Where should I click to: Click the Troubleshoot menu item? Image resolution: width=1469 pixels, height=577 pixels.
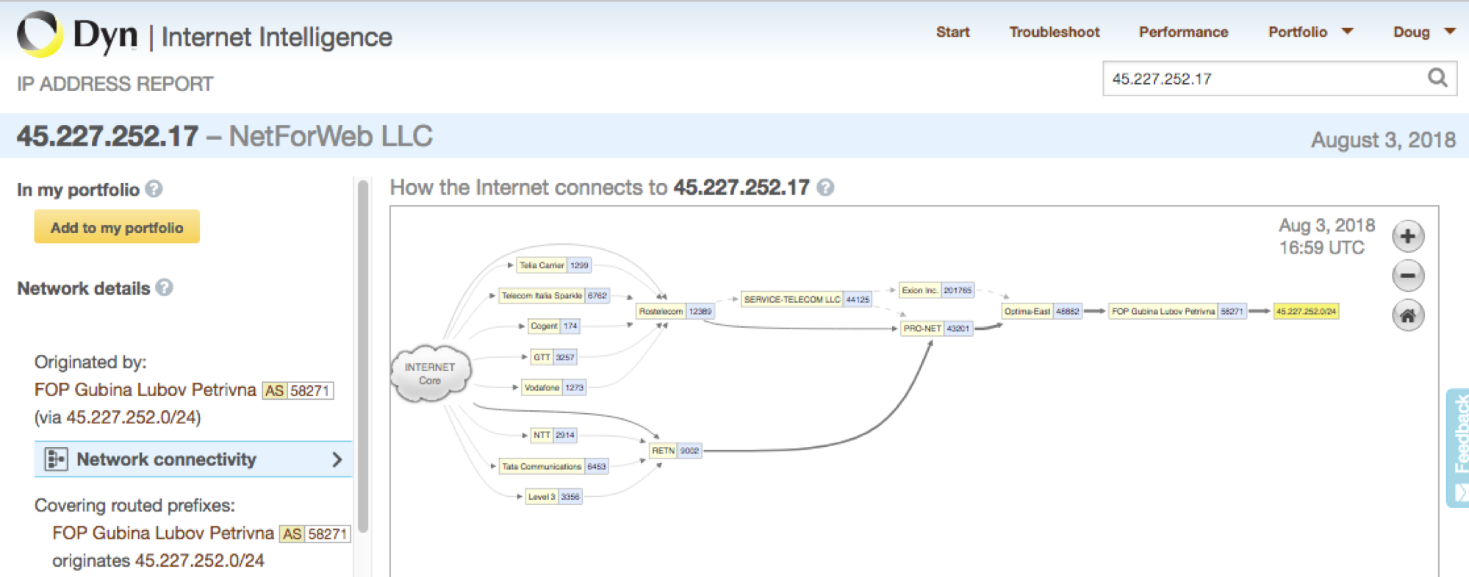pos(1054,32)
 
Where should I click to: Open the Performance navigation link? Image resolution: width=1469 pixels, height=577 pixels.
pos(1183,32)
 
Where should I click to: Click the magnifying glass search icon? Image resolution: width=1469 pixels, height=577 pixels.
pos(1437,77)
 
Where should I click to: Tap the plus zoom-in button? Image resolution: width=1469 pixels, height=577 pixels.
pos(1408,237)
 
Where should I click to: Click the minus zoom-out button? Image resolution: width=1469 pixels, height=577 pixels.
pos(1408,276)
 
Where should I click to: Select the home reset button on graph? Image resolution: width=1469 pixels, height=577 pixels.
pos(1408,316)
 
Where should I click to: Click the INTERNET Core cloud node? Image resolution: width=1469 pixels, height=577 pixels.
pos(431,373)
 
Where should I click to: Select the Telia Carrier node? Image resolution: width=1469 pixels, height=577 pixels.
pos(554,265)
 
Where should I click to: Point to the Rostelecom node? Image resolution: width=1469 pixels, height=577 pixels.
pos(675,312)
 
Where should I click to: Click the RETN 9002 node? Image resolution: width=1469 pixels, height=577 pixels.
pos(675,451)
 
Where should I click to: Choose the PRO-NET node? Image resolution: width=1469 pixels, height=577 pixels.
pos(936,329)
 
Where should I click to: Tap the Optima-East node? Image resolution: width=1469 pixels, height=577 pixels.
pos(1041,312)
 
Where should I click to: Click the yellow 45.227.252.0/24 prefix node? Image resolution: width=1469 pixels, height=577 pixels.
pos(1306,312)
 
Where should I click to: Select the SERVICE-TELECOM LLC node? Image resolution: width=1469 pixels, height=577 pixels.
pos(806,299)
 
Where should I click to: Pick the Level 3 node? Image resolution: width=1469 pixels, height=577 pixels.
pos(554,497)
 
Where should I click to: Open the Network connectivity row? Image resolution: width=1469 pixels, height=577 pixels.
pos(193,459)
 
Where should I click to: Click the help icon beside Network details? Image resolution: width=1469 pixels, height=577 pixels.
pos(165,287)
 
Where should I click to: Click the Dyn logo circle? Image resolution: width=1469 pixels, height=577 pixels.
pos(40,34)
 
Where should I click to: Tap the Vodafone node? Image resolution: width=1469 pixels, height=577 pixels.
pos(553,387)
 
